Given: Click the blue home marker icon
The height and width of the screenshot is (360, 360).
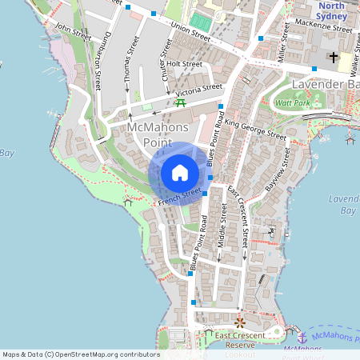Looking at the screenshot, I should (x=180, y=172).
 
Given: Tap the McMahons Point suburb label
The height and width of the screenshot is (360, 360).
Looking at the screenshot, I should (x=158, y=134).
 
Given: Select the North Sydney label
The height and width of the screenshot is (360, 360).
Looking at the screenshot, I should (x=331, y=10).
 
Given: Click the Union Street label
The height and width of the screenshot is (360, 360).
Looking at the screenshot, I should (x=190, y=32).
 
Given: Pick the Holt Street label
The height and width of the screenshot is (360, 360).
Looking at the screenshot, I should (x=184, y=64).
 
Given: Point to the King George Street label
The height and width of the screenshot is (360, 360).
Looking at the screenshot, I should (x=255, y=128).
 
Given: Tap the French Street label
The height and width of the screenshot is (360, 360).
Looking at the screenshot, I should (x=179, y=197).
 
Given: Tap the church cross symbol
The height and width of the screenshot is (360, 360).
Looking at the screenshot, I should (x=333, y=58).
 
